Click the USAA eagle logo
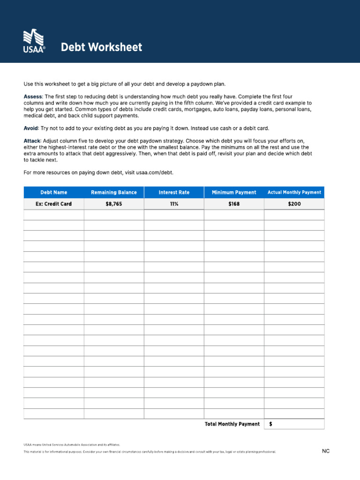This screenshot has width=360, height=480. [34, 41]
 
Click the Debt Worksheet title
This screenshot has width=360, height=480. [101, 47]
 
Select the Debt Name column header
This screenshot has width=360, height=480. [54, 192]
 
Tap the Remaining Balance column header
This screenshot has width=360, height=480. [114, 192]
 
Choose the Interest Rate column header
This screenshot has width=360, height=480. [174, 192]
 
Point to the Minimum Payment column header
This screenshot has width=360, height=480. [234, 192]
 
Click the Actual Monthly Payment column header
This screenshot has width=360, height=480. [294, 192]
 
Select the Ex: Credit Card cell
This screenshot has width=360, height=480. [54, 204]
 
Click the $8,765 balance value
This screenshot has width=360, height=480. [114, 204]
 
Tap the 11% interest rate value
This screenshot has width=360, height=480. [174, 204]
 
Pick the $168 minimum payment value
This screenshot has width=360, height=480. [234, 204]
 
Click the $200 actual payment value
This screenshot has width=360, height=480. [294, 204]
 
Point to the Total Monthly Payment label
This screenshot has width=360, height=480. [232, 424]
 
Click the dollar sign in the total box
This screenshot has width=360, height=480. [271, 424]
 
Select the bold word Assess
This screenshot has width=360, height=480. [33, 96]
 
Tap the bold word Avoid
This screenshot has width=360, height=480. [31, 128]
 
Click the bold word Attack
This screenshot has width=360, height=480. [32, 141]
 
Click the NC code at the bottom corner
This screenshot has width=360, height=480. [326, 451]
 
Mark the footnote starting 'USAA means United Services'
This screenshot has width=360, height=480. [72, 444]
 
